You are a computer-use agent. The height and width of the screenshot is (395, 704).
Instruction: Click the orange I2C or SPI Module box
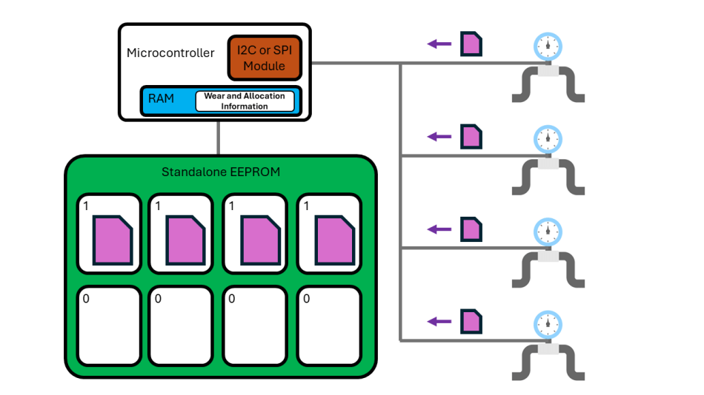264,58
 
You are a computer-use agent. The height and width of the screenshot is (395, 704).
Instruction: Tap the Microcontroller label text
170,53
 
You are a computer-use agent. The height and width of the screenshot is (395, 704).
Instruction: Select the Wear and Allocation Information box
244,101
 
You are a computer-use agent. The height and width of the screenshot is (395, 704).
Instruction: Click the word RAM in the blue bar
161,98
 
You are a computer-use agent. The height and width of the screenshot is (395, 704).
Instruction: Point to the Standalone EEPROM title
221,172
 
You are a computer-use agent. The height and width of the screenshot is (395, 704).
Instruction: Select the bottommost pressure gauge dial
548,323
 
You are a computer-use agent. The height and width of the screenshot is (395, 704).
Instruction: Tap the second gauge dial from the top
548,138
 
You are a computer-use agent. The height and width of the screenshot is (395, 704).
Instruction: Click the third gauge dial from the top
548,231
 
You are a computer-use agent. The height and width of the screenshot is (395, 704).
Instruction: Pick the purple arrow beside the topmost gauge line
439,44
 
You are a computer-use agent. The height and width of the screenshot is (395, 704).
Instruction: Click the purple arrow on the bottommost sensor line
439,321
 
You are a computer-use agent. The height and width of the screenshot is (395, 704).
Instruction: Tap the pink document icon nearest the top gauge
471,44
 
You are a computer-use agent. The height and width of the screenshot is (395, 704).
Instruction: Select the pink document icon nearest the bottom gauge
471,321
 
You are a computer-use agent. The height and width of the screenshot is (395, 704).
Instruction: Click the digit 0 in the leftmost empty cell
85,299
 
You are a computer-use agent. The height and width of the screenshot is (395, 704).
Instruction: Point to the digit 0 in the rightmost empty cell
306,299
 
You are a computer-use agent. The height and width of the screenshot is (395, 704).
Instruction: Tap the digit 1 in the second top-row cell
159,207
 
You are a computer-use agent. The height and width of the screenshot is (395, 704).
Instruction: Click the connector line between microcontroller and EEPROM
219,138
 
